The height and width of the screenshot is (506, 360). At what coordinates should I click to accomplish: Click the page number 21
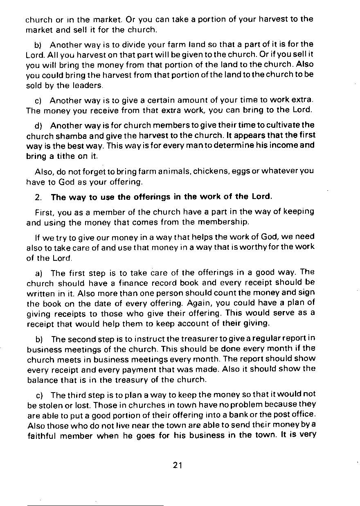coord(177,465)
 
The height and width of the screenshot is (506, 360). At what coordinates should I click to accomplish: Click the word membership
coord(223,222)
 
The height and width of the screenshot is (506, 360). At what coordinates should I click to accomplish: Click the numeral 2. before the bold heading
coord(38,197)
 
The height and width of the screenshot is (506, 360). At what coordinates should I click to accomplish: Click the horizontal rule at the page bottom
coord(95,506)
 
